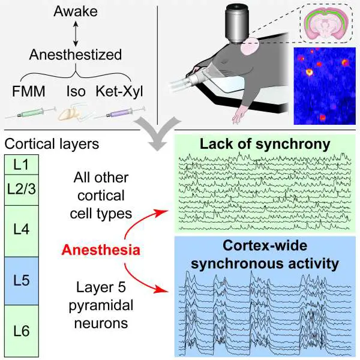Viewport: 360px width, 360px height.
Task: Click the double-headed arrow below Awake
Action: pyautogui.click(x=75, y=34)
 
